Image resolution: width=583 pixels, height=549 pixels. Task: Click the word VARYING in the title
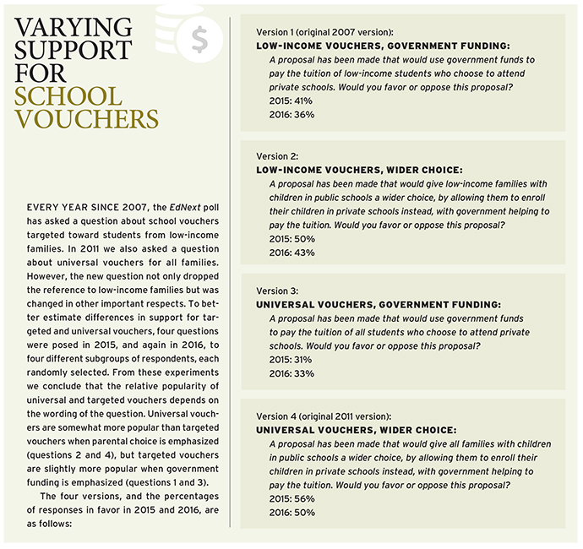73,27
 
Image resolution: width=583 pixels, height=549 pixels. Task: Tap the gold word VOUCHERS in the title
86,118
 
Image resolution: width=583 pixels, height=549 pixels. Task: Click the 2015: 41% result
290,99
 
